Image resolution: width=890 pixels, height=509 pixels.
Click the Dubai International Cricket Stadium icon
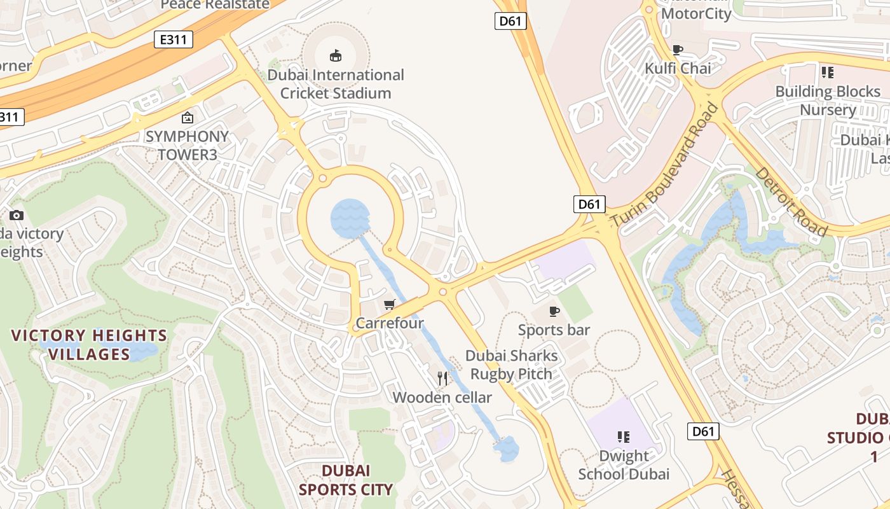(335, 55)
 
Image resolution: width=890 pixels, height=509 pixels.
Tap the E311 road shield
(174, 39)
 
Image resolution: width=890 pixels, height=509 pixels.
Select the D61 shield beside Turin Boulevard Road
(589, 204)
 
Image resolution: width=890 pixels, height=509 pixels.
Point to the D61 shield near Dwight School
(703, 431)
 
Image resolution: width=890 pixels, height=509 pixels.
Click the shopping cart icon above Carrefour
(389, 305)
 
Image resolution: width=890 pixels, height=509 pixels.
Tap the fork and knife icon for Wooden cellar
(442, 379)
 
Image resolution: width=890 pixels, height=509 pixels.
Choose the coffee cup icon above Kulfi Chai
(678, 50)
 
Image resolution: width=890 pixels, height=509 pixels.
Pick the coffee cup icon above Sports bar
(554, 311)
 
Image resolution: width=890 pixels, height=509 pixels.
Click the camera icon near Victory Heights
(17, 216)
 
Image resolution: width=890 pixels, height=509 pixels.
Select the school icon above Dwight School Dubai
(623, 437)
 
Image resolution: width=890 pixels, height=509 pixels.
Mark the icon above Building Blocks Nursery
(827, 73)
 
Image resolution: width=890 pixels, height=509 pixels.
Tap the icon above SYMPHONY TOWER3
(187, 118)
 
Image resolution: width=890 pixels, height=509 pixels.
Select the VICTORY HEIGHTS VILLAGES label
(90, 345)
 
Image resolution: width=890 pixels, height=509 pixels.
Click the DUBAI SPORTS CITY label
(346, 480)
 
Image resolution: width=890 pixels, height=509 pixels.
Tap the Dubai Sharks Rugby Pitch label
(512, 365)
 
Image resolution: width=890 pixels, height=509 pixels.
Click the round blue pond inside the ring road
(350, 218)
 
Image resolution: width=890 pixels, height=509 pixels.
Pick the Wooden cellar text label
(442, 398)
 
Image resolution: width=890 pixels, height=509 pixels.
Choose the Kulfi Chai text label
(678, 68)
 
